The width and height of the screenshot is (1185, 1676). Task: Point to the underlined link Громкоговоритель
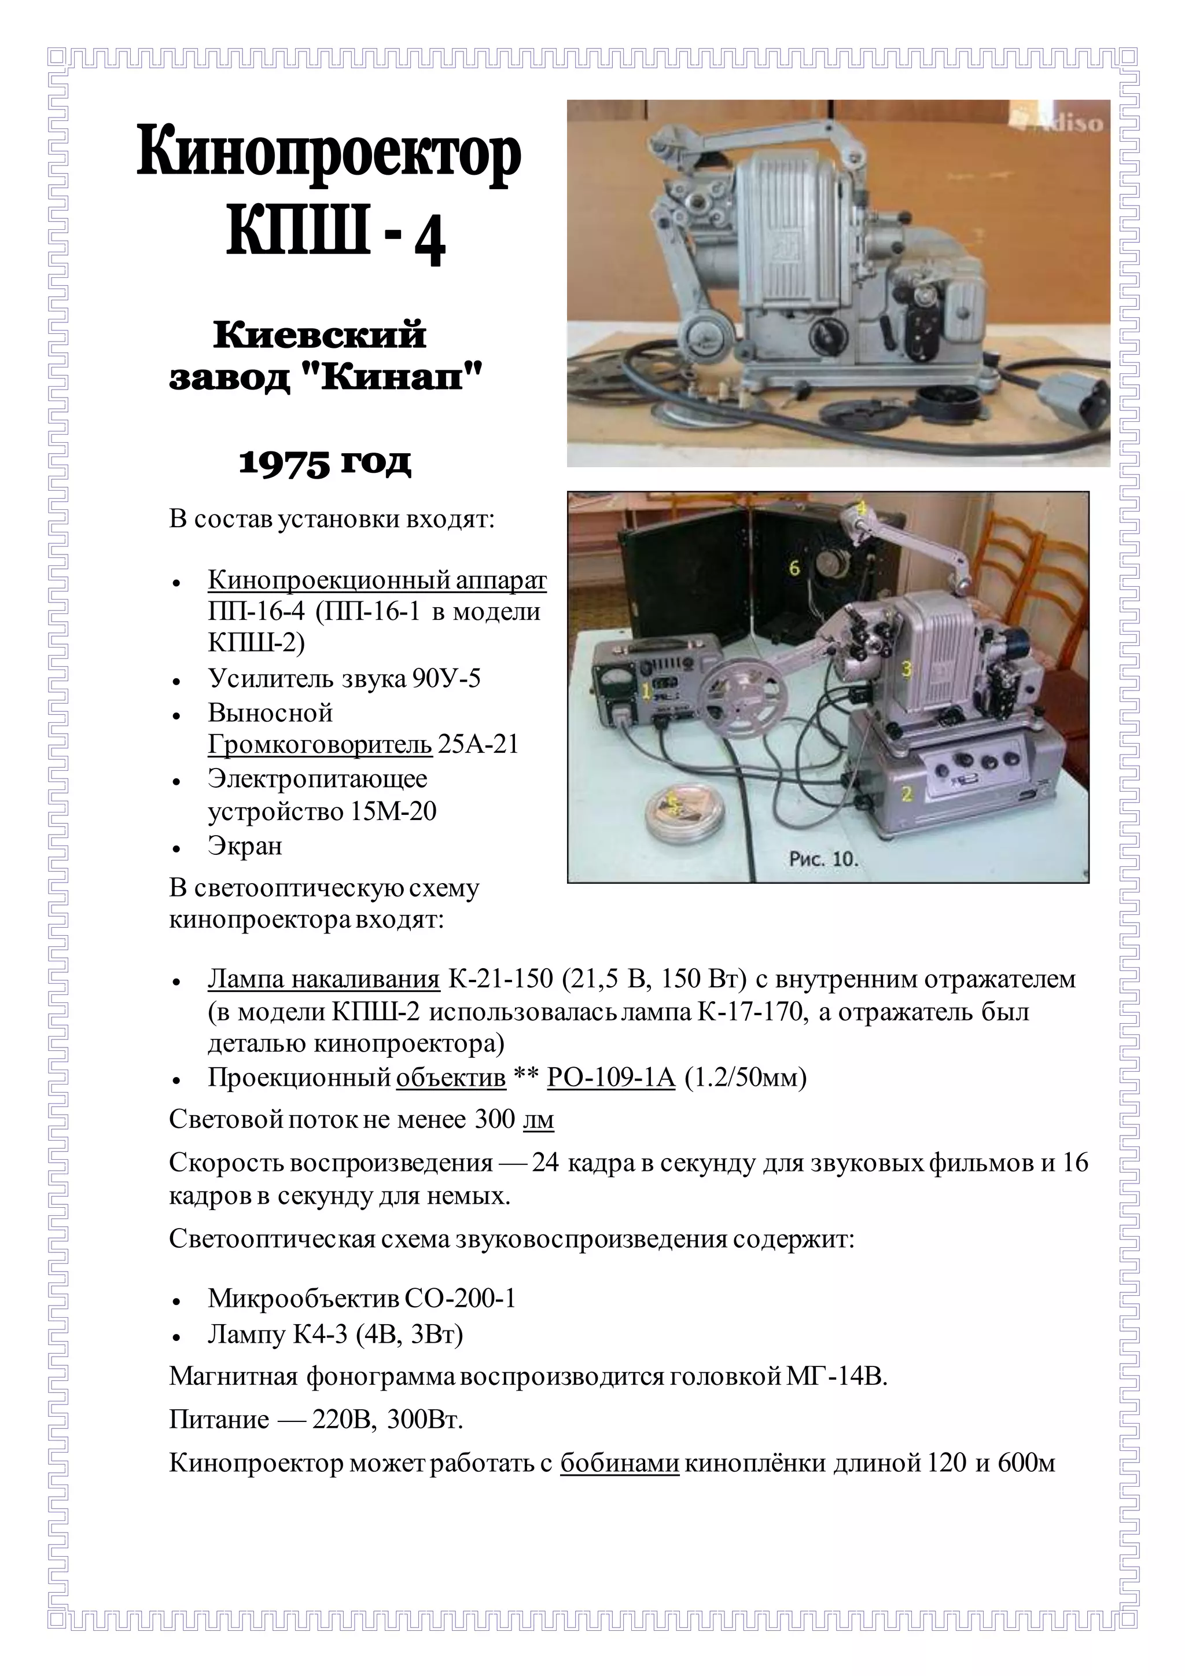319,745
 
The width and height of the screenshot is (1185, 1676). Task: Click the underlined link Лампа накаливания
323,979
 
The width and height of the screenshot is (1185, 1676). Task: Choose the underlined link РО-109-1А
611,1078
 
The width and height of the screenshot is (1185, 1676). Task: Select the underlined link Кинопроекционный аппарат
377,580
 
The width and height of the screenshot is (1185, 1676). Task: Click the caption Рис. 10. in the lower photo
823,859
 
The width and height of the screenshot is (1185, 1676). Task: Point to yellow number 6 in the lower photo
794,567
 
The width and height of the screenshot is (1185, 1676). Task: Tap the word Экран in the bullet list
244,846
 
